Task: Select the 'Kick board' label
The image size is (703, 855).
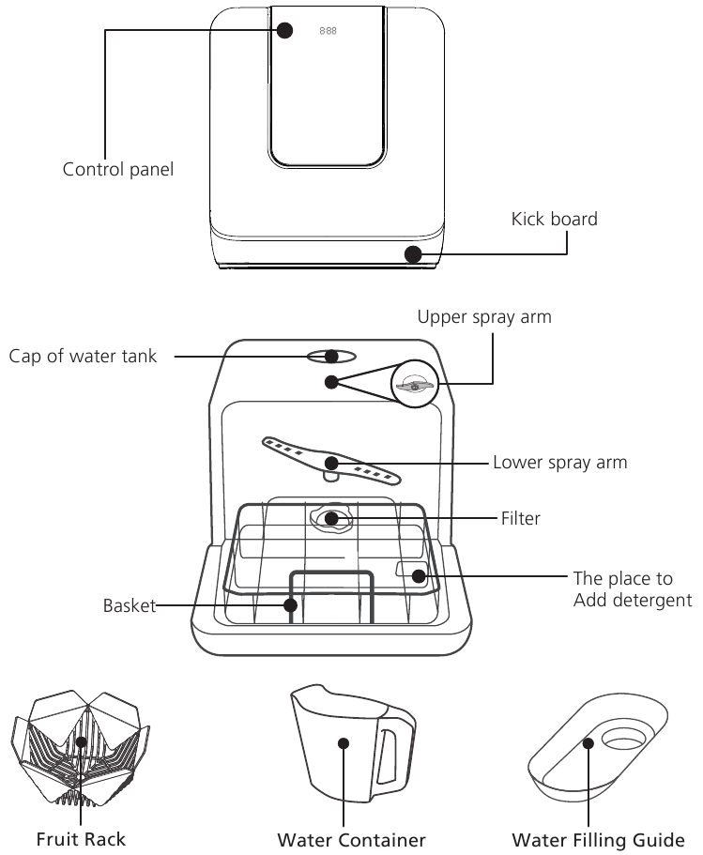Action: (x=554, y=219)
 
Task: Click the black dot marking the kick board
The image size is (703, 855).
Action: (x=413, y=253)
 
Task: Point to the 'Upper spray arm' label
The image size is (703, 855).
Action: (x=484, y=317)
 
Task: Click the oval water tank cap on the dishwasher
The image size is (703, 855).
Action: (x=330, y=356)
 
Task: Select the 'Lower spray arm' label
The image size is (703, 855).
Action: (x=559, y=463)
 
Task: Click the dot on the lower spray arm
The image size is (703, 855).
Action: (x=330, y=463)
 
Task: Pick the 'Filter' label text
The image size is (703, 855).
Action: (x=521, y=518)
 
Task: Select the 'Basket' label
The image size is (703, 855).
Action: (x=128, y=607)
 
